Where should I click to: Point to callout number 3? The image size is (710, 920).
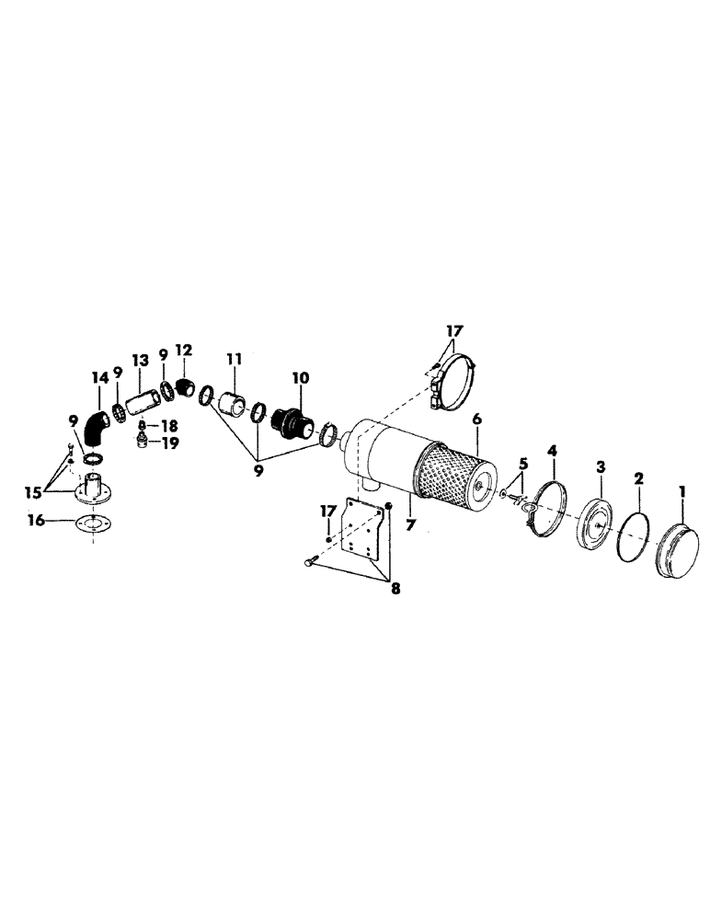coord(600,468)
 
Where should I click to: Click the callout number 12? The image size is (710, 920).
coord(184,350)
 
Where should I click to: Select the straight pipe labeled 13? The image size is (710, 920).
coord(141,403)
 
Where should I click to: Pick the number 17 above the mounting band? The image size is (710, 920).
coord(454,328)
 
